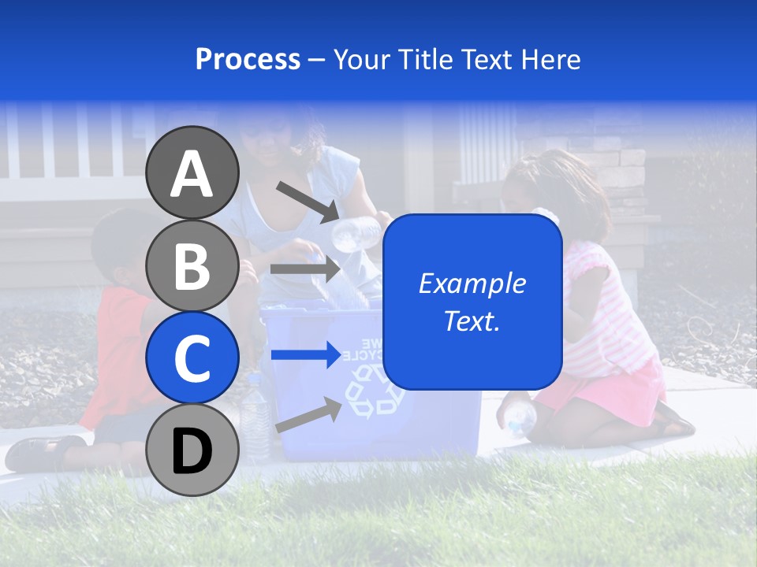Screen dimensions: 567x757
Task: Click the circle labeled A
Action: (x=192, y=173)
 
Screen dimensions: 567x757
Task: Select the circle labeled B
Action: (x=192, y=265)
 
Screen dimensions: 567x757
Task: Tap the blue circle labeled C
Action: (x=192, y=358)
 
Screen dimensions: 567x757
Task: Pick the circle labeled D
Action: (x=192, y=450)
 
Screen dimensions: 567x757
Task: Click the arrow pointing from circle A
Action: (x=308, y=202)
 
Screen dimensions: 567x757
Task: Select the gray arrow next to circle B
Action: (x=305, y=269)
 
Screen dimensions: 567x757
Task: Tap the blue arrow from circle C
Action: (x=306, y=354)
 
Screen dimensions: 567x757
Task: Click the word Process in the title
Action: (x=248, y=59)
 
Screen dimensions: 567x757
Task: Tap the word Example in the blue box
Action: (x=472, y=283)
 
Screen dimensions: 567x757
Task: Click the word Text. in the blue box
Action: (x=472, y=321)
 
